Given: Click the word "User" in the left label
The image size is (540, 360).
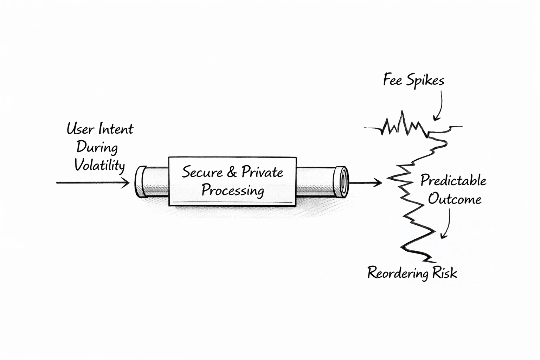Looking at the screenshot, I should point(80,129).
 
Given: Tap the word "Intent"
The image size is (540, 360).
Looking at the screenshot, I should point(116,129).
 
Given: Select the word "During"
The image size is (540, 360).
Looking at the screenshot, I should point(97,147).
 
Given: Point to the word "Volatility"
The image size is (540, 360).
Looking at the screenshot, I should point(99,165).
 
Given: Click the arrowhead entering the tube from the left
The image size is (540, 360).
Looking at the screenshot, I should point(127,183).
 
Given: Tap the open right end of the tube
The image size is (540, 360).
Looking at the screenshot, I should point(341,181).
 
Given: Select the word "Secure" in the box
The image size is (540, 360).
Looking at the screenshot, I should point(202,172).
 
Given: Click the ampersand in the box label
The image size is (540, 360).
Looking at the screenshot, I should point(232,172).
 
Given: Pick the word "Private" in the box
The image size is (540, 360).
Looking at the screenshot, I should point(262,172).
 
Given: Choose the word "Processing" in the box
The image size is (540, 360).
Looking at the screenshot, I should point(232,191).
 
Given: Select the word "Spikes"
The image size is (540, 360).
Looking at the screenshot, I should point(426,81).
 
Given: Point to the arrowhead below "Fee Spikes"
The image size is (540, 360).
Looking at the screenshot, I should point(436,118).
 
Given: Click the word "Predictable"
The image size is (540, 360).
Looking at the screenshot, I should point(453,181).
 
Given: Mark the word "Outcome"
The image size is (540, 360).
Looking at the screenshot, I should point(455,199).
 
